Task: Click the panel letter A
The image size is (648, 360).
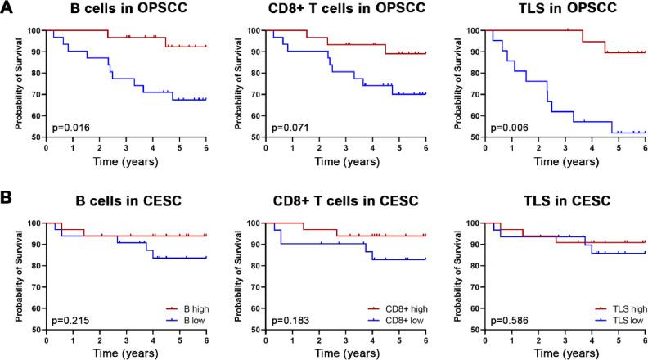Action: click(7, 9)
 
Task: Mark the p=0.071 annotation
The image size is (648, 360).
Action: click(289, 128)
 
